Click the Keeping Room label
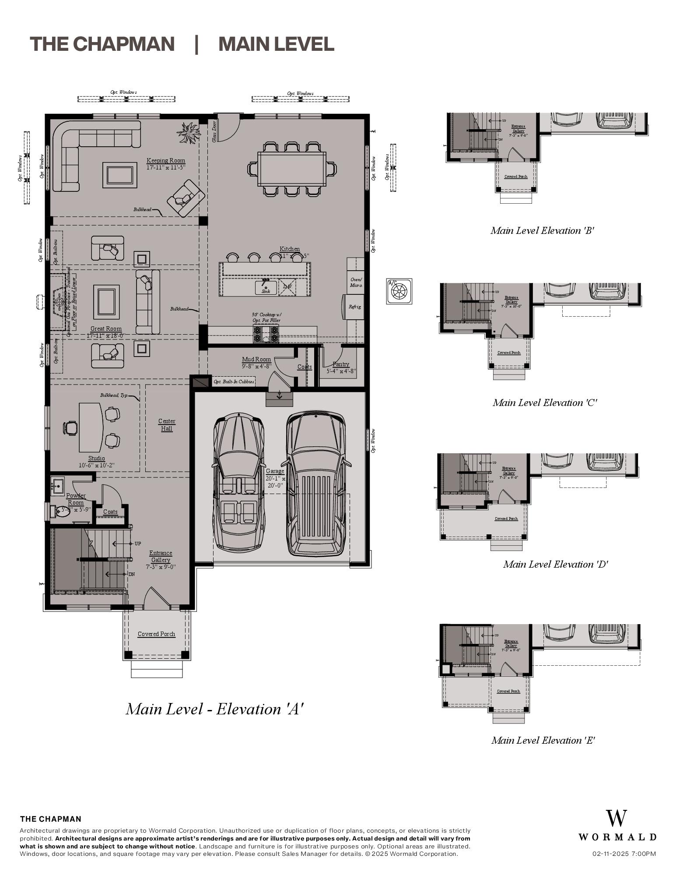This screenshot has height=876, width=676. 165,161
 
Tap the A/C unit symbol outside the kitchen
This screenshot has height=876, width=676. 399,291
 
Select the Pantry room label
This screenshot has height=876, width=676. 341,364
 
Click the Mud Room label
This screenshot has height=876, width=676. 256,359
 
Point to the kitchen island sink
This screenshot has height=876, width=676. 266,288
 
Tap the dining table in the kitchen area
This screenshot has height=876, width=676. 292,169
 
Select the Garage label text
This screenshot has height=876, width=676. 275,471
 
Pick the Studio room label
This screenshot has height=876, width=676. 97,458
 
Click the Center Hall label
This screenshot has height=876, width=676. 167,424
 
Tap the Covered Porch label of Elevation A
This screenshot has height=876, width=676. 156,634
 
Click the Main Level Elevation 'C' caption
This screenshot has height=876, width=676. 545,403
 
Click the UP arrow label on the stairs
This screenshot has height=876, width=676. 137,544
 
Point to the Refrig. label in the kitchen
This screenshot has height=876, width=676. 355,307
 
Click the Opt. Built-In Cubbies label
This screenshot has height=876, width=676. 234,381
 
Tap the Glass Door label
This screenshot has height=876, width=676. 214,131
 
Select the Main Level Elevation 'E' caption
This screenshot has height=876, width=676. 543,740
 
